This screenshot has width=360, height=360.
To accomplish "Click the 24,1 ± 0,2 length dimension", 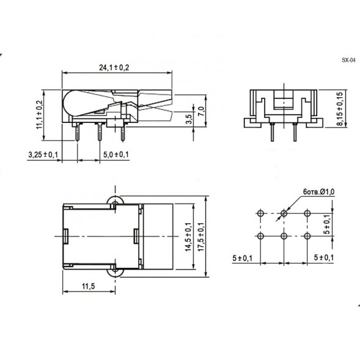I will pyautogui.click(x=115, y=68).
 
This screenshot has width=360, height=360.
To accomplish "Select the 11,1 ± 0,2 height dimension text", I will pyautogui.click(x=40, y=114).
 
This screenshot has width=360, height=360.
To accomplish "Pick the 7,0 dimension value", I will pyautogui.click(x=200, y=110).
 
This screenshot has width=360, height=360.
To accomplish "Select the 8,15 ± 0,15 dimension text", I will pyautogui.click(x=339, y=109).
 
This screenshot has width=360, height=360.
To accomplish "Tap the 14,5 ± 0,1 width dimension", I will pyautogui.click(x=189, y=236).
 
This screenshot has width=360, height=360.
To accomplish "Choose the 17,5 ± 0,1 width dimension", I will pyautogui.click(x=200, y=236).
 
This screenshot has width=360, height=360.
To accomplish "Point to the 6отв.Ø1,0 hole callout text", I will pyautogui.click(x=320, y=193).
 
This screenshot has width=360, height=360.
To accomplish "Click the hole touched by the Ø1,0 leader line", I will pyautogui.click(x=284, y=213).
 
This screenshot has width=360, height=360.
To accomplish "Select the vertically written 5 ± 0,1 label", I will pyautogui.click(x=327, y=224).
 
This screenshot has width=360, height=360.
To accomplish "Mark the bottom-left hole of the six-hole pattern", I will pyautogui.click(x=260, y=236).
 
